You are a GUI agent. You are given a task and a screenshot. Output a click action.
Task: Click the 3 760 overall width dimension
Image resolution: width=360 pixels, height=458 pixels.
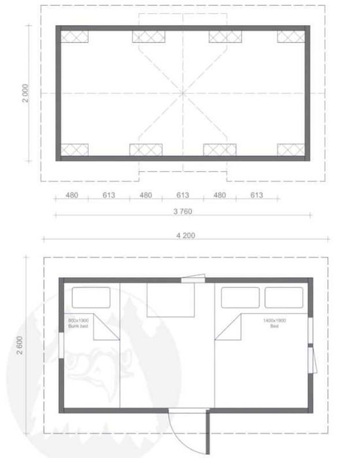click(x=183, y=211)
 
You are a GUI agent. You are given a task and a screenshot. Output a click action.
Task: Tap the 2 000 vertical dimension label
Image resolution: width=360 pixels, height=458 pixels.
click(x=25, y=94)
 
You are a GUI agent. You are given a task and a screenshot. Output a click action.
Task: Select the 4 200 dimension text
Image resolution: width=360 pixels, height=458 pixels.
click(x=185, y=235)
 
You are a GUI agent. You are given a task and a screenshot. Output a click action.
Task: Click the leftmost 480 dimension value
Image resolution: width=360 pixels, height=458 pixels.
click(x=72, y=195)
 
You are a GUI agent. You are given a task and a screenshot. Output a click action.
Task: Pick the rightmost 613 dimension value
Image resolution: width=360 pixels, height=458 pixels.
click(x=256, y=195)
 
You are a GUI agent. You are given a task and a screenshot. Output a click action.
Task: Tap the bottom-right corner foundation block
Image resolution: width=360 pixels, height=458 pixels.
click(x=291, y=150)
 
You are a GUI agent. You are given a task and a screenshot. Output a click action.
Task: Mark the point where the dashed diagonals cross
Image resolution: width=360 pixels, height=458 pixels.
click(x=183, y=94)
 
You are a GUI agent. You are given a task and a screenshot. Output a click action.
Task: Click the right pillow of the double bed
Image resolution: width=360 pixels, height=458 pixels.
click(x=283, y=297)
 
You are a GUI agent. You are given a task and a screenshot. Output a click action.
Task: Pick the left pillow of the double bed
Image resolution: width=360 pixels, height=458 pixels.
click(x=240, y=297)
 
